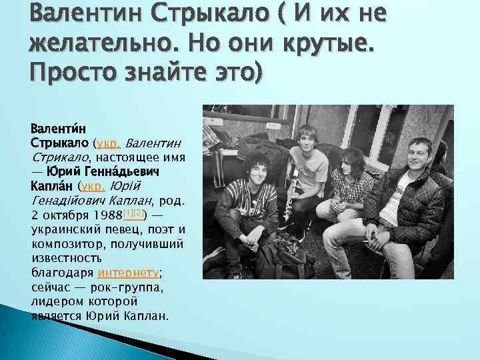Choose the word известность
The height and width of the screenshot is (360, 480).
[67, 258]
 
